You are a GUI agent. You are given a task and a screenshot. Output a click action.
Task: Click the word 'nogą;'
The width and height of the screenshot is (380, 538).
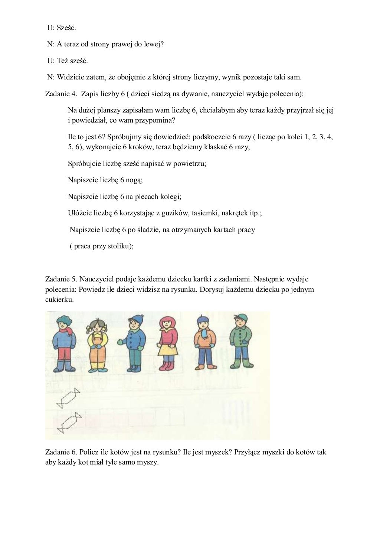[134, 180]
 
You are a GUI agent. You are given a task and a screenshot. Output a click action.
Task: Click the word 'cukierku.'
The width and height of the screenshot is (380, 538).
[59, 300]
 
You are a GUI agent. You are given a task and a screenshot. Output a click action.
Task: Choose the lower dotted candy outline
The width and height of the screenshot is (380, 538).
[69, 422]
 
